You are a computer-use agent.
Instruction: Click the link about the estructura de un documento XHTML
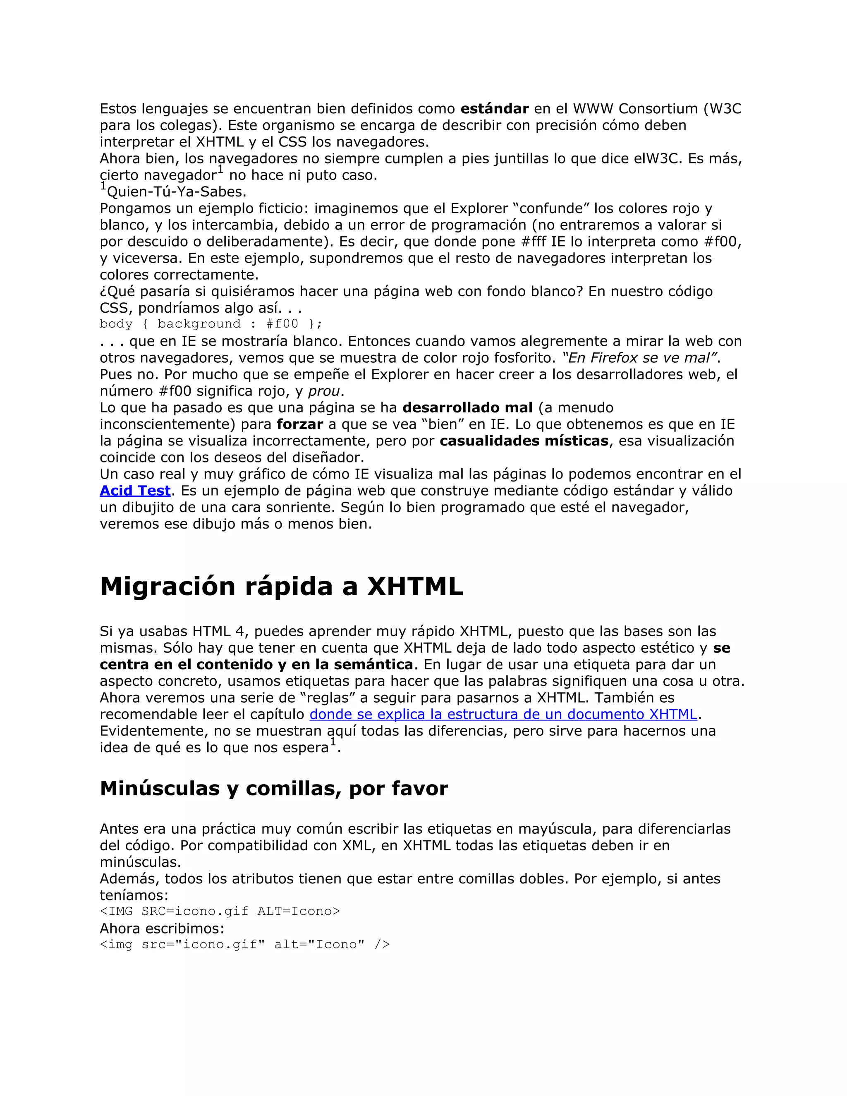(503, 714)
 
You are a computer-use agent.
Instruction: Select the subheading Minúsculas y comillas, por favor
(273, 788)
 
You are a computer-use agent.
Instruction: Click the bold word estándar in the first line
(494, 108)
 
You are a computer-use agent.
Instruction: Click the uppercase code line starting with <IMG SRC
(220, 911)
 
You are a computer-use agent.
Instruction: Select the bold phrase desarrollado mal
(467, 407)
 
